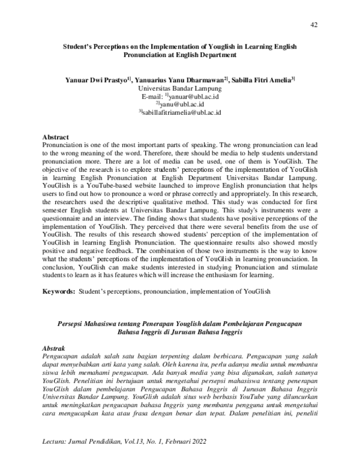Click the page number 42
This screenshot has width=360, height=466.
pyautogui.click(x=314, y=24)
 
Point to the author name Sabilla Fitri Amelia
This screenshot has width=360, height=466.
pyautogui.click(x=260, y=79)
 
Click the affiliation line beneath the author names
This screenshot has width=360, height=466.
pyautogui.click(x=180, y=88)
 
